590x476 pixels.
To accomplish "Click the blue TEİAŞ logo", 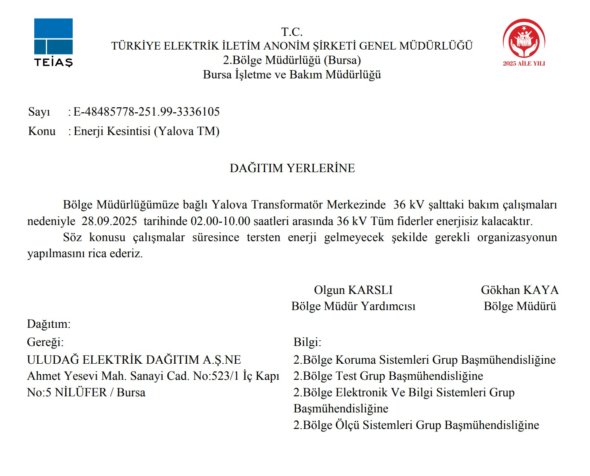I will pos(53,42).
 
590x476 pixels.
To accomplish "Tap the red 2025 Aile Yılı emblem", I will pos(524,42).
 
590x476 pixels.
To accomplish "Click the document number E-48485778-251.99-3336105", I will pos(146,112).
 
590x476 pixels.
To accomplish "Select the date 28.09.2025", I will pos(109,221).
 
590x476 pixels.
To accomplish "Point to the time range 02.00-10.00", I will pos(220,221).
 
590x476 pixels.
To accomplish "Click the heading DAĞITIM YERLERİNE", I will pos(292,168).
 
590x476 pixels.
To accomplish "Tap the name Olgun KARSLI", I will pos(353,290).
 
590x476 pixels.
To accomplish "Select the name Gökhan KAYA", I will pos(519,290).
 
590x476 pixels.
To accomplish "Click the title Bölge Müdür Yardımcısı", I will pos(353,306).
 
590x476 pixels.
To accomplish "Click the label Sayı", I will pos(39,112).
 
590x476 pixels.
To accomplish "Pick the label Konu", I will pos(42,131).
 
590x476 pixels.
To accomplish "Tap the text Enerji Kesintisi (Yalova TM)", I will pos(146,131).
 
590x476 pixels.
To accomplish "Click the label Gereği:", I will pos(45,342).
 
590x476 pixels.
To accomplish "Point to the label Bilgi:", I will pos(307,342).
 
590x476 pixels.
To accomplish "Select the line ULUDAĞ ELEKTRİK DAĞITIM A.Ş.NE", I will pos(134,360).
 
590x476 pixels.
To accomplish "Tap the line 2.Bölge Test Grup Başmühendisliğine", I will pos(388,376).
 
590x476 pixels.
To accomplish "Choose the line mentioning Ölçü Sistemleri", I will pos(416,425).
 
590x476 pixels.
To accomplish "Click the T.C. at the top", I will pos(292,32).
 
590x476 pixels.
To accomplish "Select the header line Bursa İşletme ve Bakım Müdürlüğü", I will pos(292,75).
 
